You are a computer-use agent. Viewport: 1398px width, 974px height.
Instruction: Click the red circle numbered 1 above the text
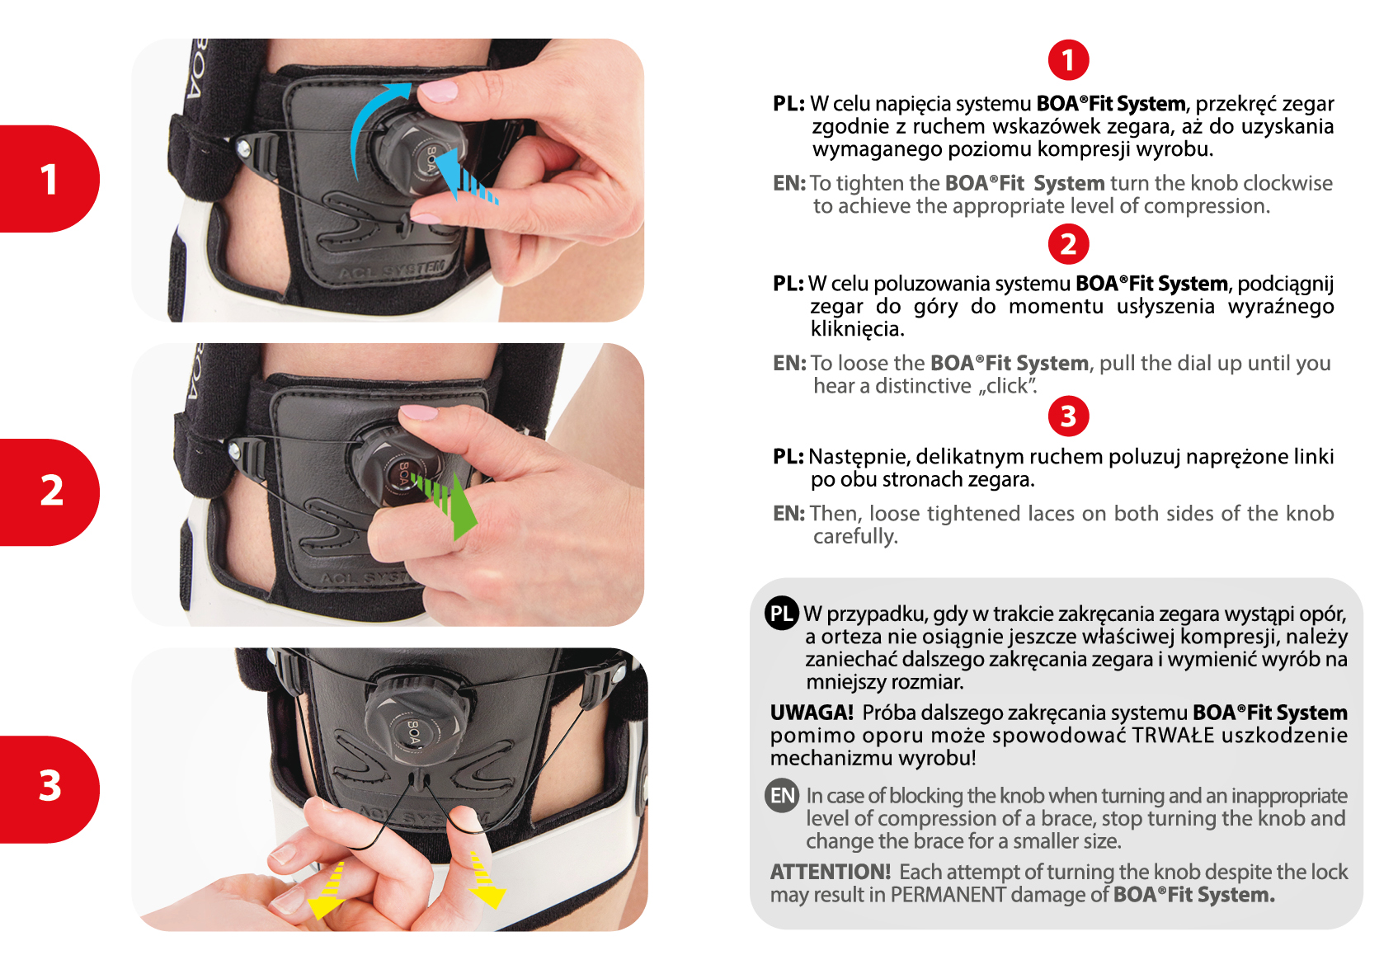(1068, 60)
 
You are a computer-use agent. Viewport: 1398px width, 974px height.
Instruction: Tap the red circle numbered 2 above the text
(1068, 244)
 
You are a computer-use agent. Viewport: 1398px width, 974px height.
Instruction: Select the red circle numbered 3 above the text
(1068, 416)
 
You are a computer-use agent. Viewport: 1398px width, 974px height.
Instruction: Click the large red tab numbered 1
(49, 179)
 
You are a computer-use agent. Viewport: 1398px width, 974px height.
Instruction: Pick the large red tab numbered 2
(49, 492)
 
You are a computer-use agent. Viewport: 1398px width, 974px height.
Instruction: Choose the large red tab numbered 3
(49, 789)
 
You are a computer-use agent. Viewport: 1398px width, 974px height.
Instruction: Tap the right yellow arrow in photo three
(486, 880)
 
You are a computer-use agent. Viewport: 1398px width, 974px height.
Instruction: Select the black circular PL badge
(781, 614)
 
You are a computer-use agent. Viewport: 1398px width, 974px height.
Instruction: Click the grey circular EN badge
(781, 796)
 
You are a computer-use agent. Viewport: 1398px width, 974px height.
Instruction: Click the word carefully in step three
(855, 536)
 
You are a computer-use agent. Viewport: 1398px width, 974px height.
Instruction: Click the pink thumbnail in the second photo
(419, 412)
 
